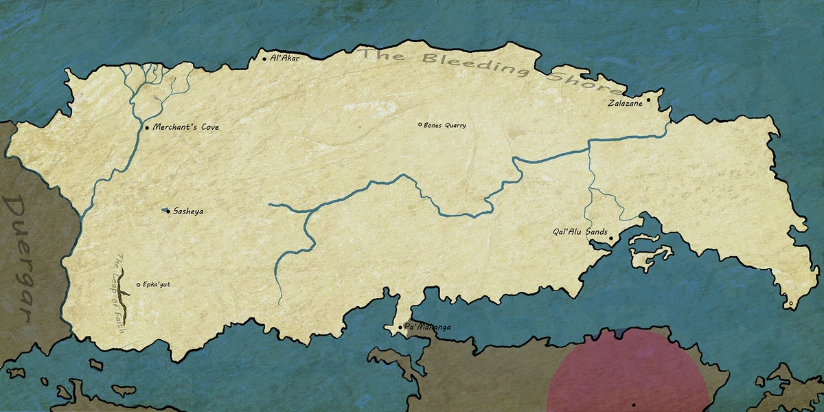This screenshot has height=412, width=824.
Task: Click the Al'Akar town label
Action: click(x=286, y=59)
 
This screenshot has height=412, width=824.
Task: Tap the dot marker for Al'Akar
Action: click(x=264, y=59)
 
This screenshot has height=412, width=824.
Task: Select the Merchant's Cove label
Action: click(x=185, y=127)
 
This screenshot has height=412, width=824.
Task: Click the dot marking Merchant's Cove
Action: click(x=146, y=128)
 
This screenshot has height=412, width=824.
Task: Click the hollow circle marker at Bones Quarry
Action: click(x=420, y=124)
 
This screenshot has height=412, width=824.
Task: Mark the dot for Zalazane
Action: click(x=648, y=100)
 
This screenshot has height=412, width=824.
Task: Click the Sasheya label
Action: click(x=188, y=211)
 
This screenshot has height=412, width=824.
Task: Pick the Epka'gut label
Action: click(x=157, y=284)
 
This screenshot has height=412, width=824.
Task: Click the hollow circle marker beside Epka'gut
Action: click(x=138, y=284)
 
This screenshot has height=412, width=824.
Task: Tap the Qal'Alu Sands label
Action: click(x=580, y=232)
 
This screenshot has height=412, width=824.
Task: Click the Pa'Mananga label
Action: click(x=428, y=328)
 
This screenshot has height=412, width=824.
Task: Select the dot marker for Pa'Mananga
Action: click(x=401, y=328)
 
